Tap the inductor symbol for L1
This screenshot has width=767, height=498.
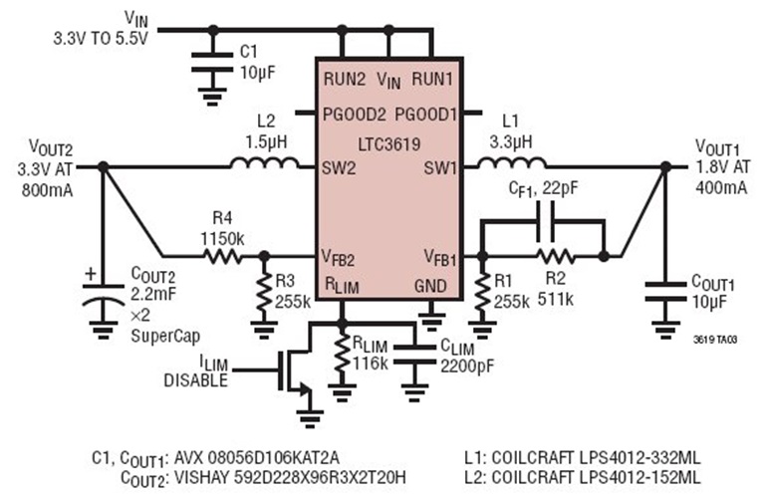pos(511,164)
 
